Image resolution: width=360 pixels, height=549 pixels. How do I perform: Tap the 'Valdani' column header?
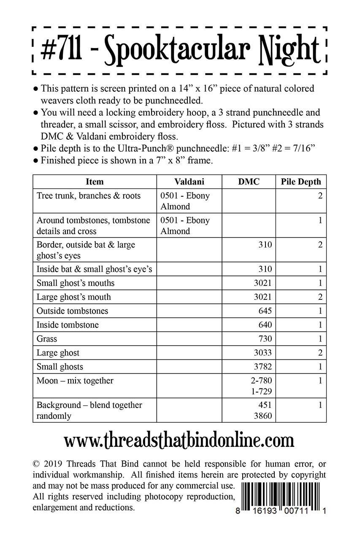click(x=189, y=182)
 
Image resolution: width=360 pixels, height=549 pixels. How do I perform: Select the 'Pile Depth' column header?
click(x=301, y=182)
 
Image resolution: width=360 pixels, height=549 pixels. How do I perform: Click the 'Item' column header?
click(x=95, y=182)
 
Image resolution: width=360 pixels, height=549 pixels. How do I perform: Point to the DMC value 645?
click(x=265, y=311)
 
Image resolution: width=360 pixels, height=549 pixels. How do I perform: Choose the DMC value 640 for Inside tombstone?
click(x=265, y=325)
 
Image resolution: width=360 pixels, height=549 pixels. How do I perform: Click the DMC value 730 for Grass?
click(x=265, y=339)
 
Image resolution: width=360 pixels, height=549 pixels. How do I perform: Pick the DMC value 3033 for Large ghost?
click(x=263, y=353)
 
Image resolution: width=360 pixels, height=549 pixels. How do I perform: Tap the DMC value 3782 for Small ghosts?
click(x=263, y=367)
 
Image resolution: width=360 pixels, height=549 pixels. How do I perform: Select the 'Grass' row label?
click(x=47, y=339)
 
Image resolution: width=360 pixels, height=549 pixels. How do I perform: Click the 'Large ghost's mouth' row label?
click(x=74, y=297)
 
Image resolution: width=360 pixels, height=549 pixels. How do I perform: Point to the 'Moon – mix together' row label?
click(x=75, y=381)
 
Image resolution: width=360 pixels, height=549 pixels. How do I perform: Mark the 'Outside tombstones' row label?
click(x=73, y=311)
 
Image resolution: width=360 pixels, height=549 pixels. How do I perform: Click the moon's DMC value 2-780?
click(x=261, y=381)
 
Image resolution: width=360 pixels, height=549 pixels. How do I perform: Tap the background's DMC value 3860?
click(x=263, y=416)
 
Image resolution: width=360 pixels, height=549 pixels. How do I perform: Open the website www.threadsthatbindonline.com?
click(x=179, y=441)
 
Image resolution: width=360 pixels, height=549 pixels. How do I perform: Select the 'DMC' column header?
click(x=249, y=182)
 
